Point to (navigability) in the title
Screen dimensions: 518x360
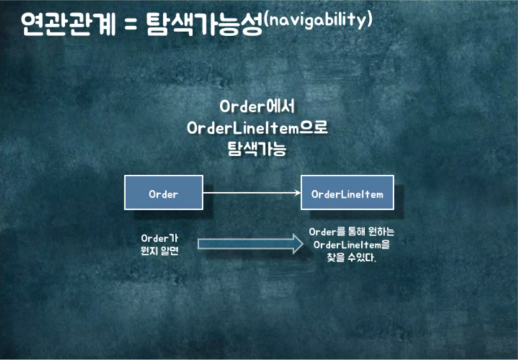(318, 20)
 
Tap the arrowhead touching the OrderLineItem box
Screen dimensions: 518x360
(298, 193)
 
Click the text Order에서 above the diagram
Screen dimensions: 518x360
(257, 107)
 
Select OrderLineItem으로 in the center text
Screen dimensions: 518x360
(257, 128)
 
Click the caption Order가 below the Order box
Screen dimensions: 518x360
(159, 239)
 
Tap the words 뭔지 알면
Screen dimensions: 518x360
(159, 252)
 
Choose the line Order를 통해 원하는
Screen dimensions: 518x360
(351, 232)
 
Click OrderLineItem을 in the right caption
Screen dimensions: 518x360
(351, 245)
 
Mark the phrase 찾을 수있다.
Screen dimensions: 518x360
(351, 258)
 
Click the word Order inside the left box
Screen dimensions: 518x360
(163, 194)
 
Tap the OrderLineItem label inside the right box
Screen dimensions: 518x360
(347, 194)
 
